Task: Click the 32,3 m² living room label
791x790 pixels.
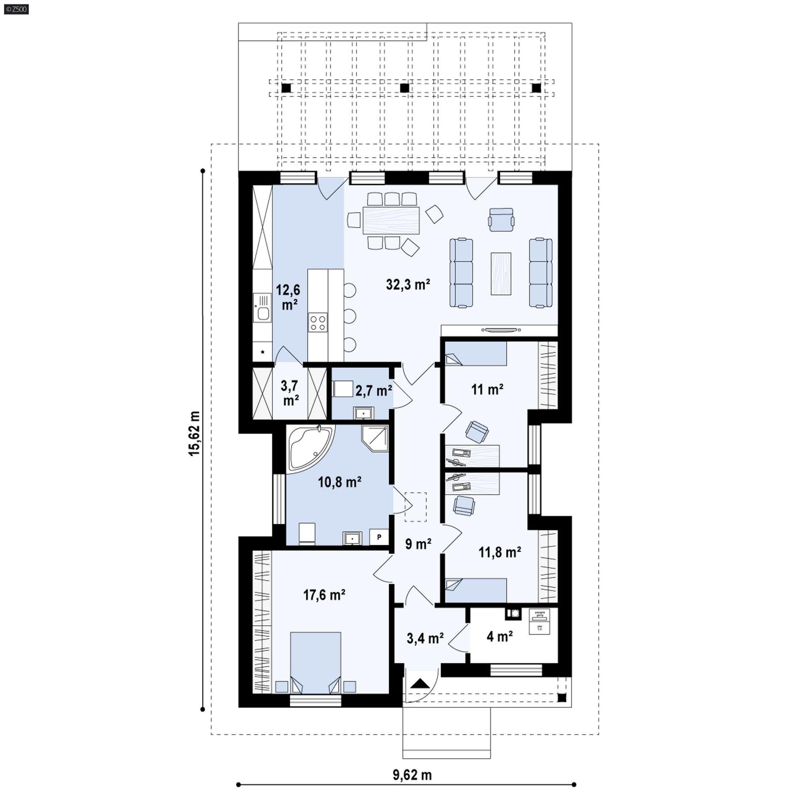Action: (408, 284)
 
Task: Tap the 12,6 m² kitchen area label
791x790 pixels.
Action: (288, 297)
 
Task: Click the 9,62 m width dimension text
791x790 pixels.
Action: (412, 775)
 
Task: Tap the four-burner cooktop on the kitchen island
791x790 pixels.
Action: (317, 322)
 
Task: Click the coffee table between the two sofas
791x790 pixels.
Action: (501, 274)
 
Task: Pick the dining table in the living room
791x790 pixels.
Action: (391, 220)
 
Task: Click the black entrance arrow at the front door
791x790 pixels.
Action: (421, 684)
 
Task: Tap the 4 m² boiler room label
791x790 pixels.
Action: (499, 636)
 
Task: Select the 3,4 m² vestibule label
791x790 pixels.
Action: (425, 638)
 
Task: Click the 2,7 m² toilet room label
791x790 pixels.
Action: (373, 391)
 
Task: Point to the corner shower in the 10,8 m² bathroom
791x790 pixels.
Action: (376, 438)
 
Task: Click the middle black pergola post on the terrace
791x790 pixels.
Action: (404, 88)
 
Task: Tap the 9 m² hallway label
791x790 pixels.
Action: (418, 544)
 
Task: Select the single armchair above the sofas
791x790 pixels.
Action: (501, 219)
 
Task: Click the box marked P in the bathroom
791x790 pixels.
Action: (379, 537)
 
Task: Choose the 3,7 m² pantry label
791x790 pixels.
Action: (290, 393)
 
